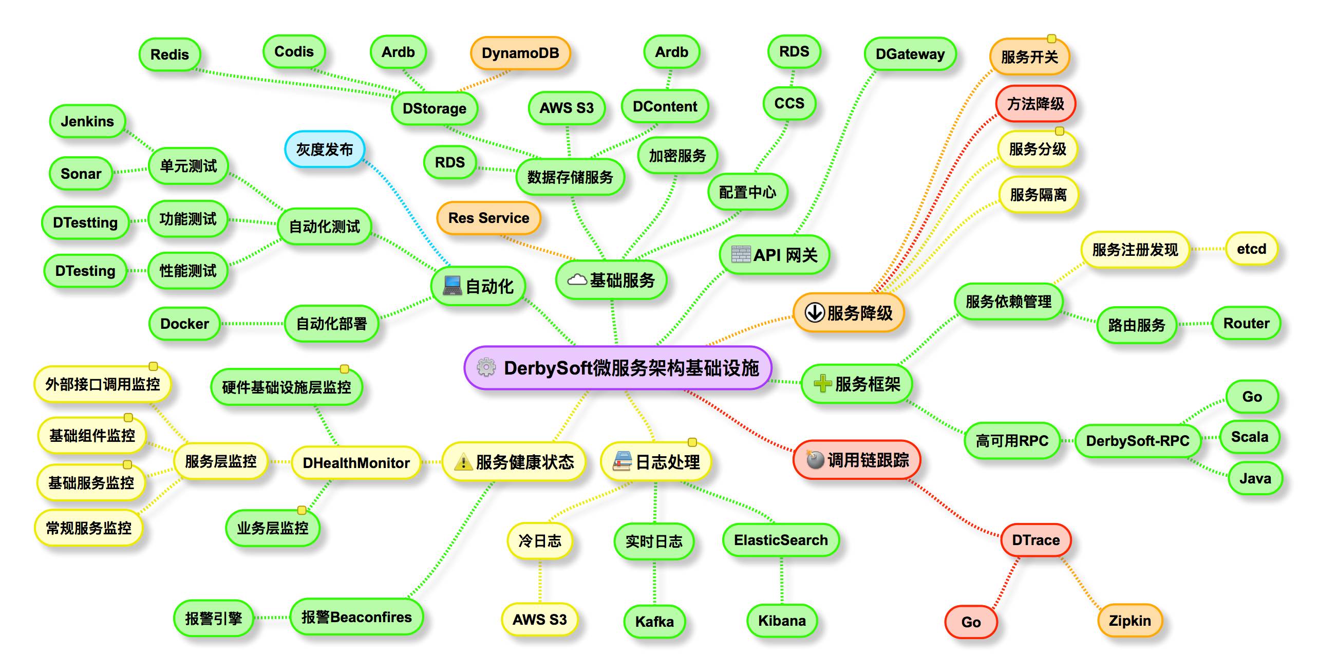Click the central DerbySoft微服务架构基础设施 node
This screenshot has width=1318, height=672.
click(618, 368)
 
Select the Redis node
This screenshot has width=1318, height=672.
click(170, 54)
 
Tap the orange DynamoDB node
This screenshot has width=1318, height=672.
click(520, 53)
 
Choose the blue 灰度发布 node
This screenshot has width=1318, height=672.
click(325, 150)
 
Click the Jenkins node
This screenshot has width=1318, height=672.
click(87, 121)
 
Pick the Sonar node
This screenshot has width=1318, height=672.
click(81, 174)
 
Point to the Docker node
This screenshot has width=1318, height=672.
click(184, 324)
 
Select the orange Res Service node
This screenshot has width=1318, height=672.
click(488, 218)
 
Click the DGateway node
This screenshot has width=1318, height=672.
click(910, 54)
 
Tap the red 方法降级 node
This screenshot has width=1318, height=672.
click(1035, 104)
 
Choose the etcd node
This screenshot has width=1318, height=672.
click(1251, 249)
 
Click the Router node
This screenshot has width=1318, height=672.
click(1246, 323)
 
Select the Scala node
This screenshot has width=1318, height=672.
click(1249, 437)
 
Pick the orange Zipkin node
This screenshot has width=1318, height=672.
click(1129, 621)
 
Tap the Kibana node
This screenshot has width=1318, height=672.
click(782, 621)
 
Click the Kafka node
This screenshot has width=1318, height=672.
click(654, 622)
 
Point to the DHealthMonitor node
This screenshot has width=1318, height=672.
click(356, 463)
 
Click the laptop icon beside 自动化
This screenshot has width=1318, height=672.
click(453, 286)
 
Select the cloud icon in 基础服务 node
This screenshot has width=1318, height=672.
click(577, 280)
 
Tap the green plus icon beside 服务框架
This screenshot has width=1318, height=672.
click(822, 384)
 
